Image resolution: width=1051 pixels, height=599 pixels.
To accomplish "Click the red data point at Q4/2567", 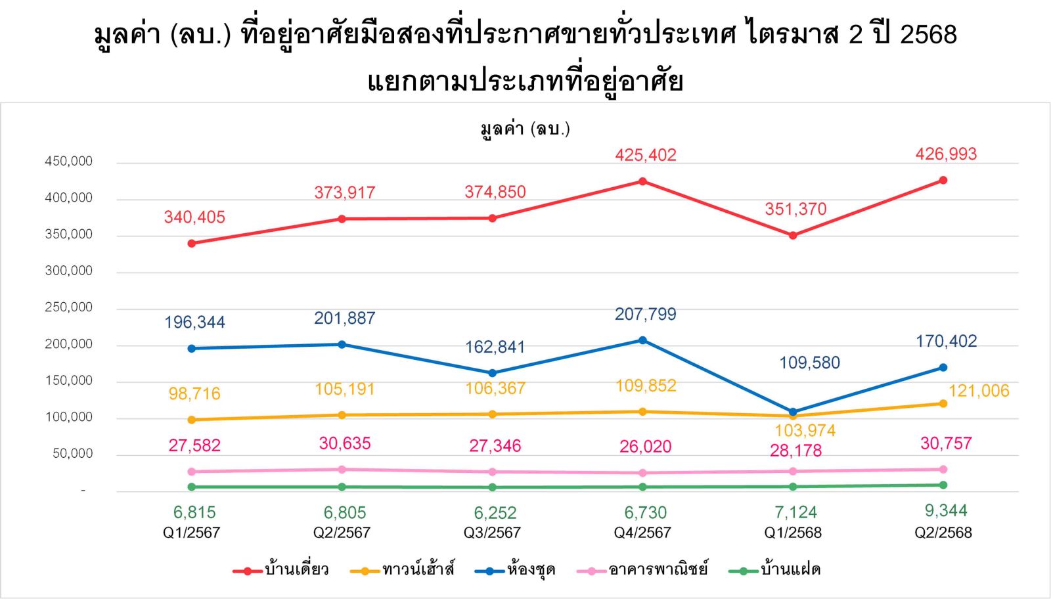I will (642, 181).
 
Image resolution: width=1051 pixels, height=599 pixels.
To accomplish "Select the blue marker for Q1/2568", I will (793, 412).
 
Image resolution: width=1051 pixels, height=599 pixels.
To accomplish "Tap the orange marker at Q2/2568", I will (943, 403).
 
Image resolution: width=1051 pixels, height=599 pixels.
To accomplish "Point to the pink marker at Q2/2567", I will (342, 470).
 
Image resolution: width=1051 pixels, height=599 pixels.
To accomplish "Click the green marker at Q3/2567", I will (492, 487).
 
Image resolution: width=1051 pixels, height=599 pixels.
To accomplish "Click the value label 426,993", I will (946, 154).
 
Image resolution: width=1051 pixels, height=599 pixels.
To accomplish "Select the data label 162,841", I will (495, 347).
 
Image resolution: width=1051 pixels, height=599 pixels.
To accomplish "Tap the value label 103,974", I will (805, 431).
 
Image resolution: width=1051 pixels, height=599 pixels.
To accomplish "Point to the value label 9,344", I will (946, 510).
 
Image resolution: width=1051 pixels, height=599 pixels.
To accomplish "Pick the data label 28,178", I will (795, 451).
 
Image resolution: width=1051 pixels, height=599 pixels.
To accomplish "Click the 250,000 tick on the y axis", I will (69, 307).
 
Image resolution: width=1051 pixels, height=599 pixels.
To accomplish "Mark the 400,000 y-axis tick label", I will (69, 198).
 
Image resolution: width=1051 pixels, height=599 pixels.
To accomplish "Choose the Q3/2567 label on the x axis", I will (492, 533).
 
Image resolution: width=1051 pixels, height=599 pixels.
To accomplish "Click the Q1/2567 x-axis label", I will (191, 533).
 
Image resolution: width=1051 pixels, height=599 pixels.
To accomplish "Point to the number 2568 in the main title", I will (928, 34).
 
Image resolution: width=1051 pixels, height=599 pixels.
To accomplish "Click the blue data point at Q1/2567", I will (191, 348).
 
